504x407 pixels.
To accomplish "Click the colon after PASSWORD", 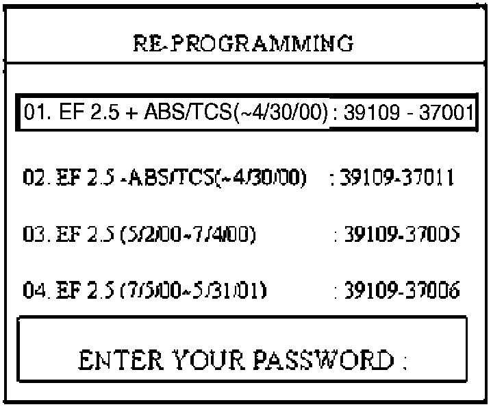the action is (x=405, y=360).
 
